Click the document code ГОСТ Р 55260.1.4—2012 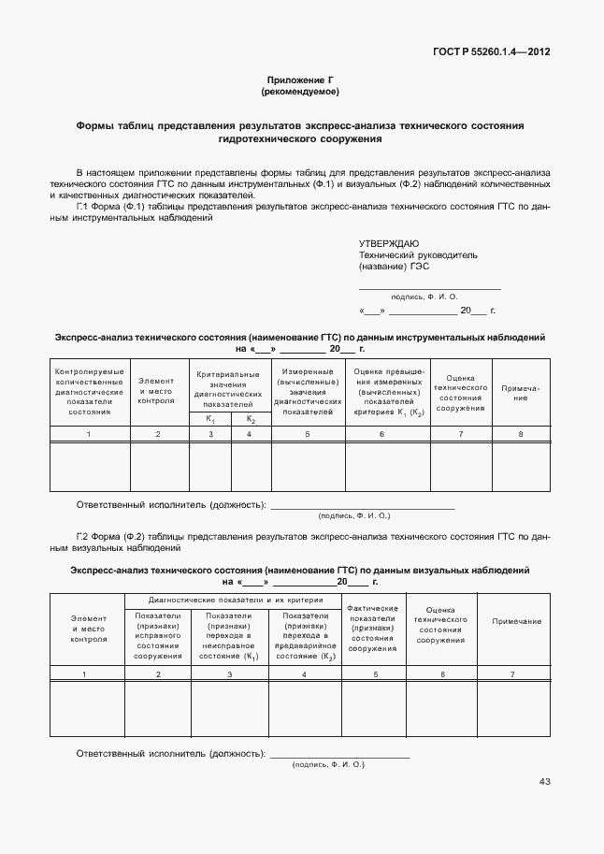pyautogui.click(x=493, y=52)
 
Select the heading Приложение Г pyautogui.click(x=300, y=81)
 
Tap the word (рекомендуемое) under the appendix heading pyautogui.click(x=300, y=93)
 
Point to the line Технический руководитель pyautogui.click(x=418, y=254)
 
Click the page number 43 pyautogui.click(x=544, y=781)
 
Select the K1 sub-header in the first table pyautogui.click(x=210, y=419)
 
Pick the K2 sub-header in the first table pyautogui.click(x=251, y=419)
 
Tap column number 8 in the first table pyautogui.click(x=521, y=434)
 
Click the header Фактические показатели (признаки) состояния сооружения pyautogui.click(x=373, y=628)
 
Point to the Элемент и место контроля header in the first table pyautogui.click(x=156, y=390)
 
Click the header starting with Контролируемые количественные pyautogui.click(x=89, y=391)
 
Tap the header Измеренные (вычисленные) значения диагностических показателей pyautogui.click(x=308, y=391)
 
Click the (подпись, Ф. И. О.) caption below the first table pyautogui.click(x=354, y=515)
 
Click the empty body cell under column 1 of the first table pyautogui.click(x=89, y=466)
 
